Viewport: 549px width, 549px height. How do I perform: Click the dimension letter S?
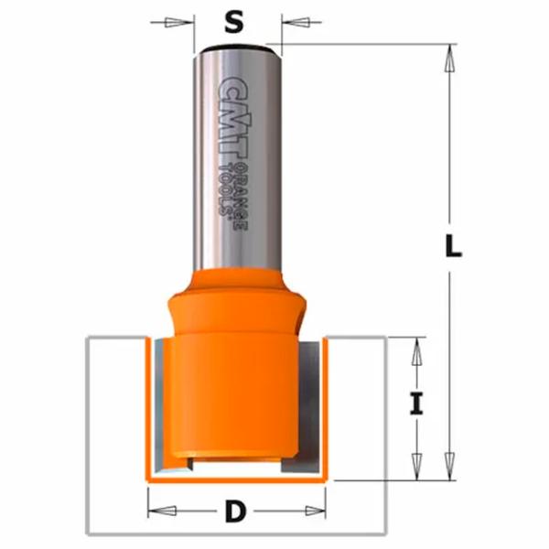click(234, 22)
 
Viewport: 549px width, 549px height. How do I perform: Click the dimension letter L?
click(453, 246)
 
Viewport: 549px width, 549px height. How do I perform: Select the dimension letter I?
click(416, 404)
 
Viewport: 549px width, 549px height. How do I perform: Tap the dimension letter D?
click(236, 511)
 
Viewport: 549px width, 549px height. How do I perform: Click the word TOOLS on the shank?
click(225, 189)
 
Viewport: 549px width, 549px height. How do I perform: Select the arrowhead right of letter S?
click(296, 22)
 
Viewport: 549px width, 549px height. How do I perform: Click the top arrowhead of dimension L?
click(450, 59)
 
